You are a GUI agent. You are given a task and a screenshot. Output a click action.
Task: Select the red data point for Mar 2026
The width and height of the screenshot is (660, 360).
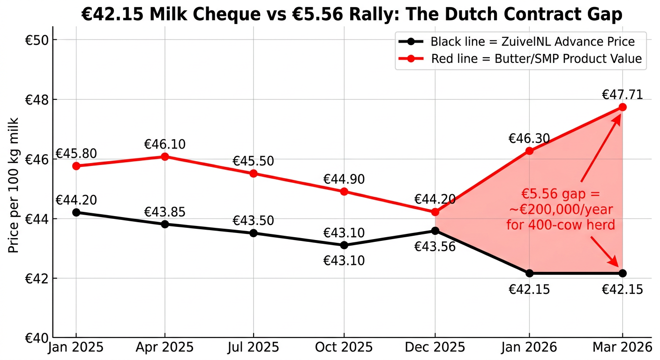pos(622,107)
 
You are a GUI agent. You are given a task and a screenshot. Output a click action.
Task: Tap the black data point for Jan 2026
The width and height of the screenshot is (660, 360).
pos(529,273)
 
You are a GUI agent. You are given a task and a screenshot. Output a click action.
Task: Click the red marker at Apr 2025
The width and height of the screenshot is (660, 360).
pos(165,157)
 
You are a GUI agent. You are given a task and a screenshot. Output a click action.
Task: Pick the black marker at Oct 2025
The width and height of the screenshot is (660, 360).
pos(344,245)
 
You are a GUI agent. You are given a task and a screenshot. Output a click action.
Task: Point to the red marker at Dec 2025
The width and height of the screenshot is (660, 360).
pos(435,212)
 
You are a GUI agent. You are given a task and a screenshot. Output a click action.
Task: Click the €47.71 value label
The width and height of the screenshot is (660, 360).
pos(622,95)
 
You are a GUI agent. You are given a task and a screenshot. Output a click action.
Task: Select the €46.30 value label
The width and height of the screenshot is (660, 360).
pos(529,139)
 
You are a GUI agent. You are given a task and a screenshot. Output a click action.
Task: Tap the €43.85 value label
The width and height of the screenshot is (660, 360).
pos(165,212)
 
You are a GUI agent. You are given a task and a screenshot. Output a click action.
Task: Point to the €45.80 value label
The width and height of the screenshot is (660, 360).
pos(76,154)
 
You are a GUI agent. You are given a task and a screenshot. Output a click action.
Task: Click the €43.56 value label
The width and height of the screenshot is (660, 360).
pos(435,246)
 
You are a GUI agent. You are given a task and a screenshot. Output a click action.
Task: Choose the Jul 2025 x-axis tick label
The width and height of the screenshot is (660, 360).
pos(254,347)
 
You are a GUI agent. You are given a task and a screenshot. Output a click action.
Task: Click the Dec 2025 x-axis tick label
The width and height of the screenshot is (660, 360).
pos(435,347)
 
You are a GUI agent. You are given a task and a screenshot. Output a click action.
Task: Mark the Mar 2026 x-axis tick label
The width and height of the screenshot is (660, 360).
pos(622,347)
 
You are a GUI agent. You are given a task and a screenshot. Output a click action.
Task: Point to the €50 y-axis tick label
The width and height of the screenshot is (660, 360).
pos(34,40)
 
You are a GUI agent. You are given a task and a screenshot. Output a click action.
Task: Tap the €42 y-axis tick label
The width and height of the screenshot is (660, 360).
pos(34,278)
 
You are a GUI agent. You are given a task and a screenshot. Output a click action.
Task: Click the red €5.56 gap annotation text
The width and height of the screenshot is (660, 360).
pos(560,210)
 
